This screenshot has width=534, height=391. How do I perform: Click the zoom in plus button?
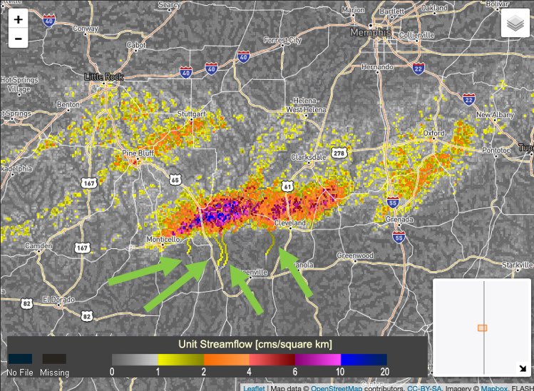click(18, 20)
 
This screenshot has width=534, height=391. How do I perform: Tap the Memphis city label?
click(369, 33)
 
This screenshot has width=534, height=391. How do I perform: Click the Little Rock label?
click(104, 76)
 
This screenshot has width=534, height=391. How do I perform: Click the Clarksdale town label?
click(308, 157)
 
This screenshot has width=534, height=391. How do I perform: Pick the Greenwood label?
click(355, 255)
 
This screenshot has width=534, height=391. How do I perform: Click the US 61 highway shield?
click(287, 186)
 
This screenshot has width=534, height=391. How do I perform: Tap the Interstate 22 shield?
click(468, 98)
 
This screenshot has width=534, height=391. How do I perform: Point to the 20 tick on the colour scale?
click(386, 372)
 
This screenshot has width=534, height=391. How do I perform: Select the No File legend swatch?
click(21, 359)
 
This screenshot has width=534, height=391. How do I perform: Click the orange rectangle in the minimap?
click(482, 327)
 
